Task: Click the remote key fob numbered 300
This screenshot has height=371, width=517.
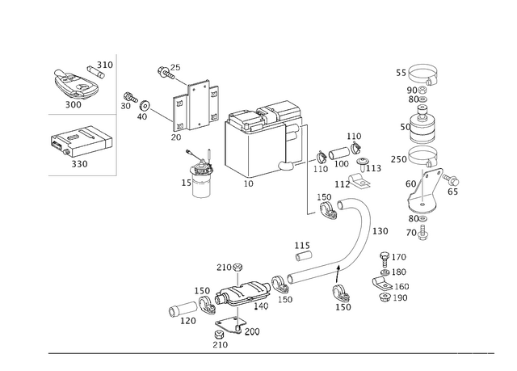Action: click(x=75, y=85)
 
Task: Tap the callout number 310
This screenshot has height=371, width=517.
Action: click(x=105, y=65)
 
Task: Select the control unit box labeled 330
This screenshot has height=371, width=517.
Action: click(x=81, y=141)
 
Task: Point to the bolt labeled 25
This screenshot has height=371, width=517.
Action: click(x=166, y=73)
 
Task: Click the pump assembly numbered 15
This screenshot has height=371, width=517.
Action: click(x=200, y=175)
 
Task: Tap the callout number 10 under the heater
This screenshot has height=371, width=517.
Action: click(x=248, y=183)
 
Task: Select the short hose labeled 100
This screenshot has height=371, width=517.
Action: click(x=339, y=154)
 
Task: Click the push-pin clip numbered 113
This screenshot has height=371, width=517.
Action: click(x=363, y=164)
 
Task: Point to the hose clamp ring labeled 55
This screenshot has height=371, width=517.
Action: click(x=423, y=74)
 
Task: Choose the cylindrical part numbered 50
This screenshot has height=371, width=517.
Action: click(x=422, y=125)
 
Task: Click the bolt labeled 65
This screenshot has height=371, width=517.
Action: click(x=451, y=179)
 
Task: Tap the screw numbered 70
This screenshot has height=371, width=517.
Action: click(x=422, y=233)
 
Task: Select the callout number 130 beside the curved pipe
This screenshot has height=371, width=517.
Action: click(x=380, y=231)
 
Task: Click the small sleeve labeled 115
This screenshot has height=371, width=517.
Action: click(x=304, y=256)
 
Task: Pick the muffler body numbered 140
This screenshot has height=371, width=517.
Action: click(x=242, y=292)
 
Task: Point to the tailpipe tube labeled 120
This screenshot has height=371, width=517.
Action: click(x=183, y=309)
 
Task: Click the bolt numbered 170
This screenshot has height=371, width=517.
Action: click(x=385, y=259)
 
